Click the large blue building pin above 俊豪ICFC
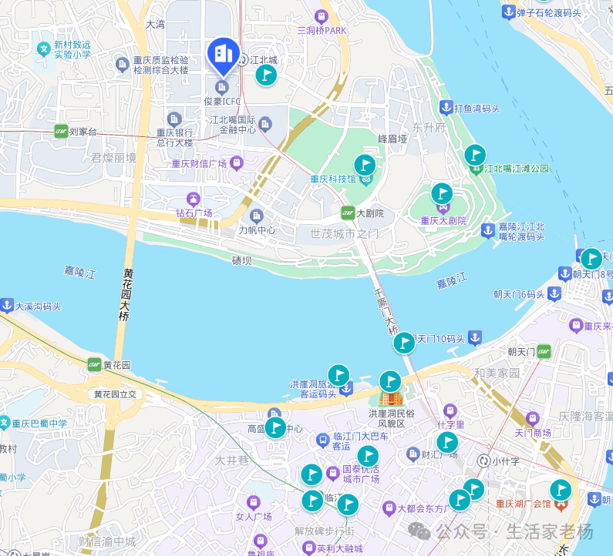(224, 54)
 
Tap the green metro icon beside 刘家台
(61, 132)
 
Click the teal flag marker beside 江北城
(266, 74)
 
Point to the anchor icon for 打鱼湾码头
(445, 107)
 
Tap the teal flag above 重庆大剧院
(442, 193)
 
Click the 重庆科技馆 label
(333, 179)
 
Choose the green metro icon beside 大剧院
(348, 213)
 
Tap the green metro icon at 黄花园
(94, 364)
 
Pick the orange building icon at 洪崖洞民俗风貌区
(392, 398)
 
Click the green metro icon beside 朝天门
(544, 352)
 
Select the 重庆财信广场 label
(199, 163)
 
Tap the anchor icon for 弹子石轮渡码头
(508, 12)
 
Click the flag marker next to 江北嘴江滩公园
(476, 155)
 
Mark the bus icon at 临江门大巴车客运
(323, 440)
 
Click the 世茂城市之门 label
(345, 233)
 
